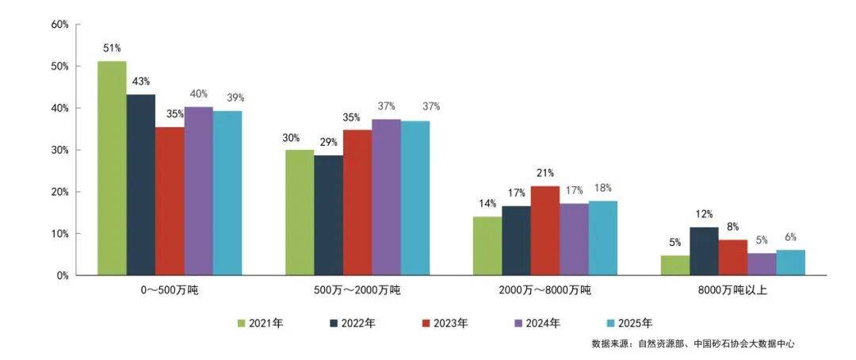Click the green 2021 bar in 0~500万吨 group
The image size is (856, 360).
(x=112, y=168)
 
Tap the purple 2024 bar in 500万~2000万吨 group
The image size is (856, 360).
(x=386, y=197)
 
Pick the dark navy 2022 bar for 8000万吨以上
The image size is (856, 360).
(x=704, y=251)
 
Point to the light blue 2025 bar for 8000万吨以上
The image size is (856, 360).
(x=790, y=262)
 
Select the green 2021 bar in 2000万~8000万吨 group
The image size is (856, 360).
(x=487, y=246)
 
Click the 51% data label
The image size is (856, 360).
(x=112, y=48)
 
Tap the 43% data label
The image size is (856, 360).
(x=141, y=82)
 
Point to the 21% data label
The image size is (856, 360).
(x=545, y=173)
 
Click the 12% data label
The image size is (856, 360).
(x=704, y=214)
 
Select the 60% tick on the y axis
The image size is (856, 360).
(x=59, y=25)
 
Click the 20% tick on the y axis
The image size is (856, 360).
(x=59, y=192)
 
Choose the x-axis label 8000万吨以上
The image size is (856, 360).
(x=732, y=291)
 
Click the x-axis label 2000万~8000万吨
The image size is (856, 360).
(x=545, y=291)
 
